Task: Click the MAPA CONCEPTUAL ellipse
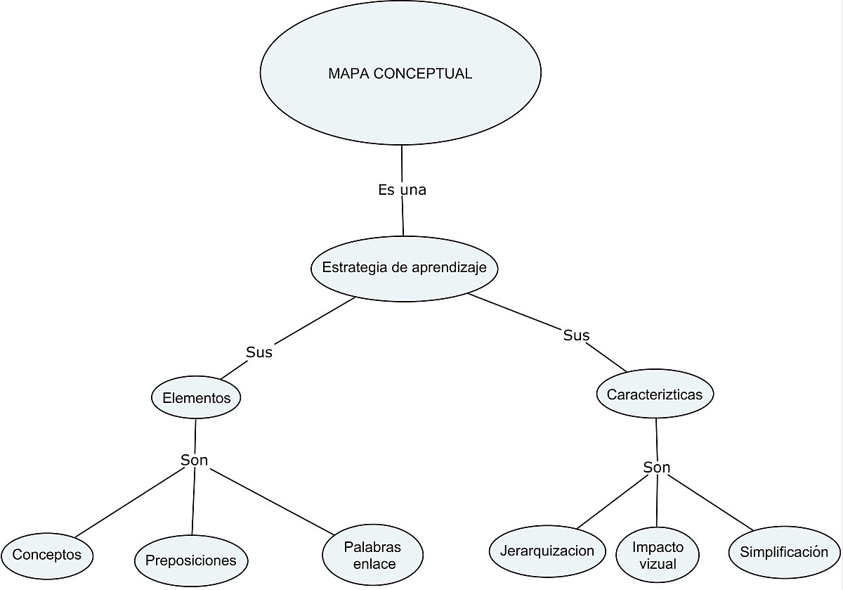(x=400, y=73)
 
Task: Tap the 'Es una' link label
(x=402, y=190)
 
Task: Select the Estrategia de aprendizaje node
(x=404, y=268)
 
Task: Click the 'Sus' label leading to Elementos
(x=259, y=352)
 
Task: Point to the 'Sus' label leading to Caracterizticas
(x=576, y=335)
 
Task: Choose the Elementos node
(x=196, y=398)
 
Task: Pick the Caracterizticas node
(x=655, y=395)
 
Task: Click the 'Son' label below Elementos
(x=195, y=461)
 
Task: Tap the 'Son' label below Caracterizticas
(x=657, y=468)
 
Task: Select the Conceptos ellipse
(x=47, y=555)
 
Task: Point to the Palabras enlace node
(x=372, y=555)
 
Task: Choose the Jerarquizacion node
(x=547, y=551)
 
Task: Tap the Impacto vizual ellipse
(x=658, y=556)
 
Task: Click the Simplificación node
(x=784, y=552)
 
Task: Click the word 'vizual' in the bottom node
(x=658, y=564)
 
